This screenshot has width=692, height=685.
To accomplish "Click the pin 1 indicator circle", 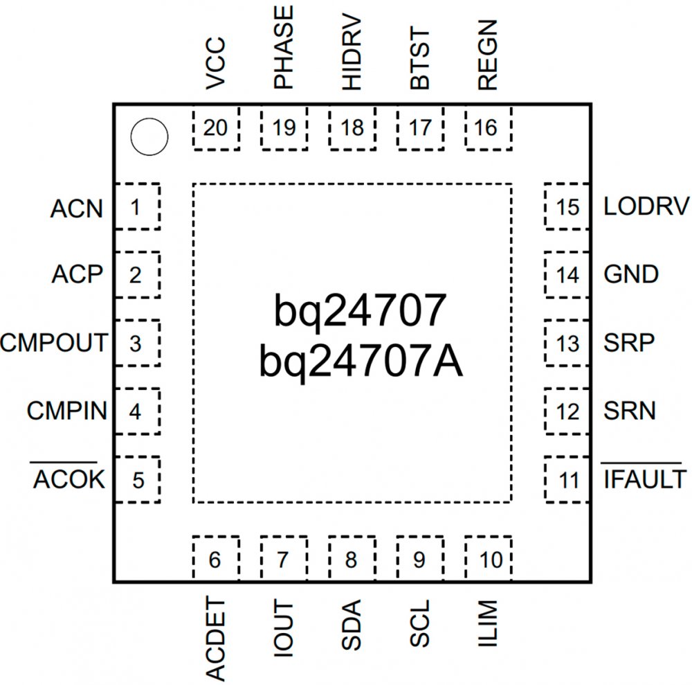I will tap(149, 137).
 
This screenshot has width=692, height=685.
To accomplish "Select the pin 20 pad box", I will tap(215, 128).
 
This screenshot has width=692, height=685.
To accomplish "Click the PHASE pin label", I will tap(284, 47).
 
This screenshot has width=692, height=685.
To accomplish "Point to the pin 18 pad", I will tap(352, 128).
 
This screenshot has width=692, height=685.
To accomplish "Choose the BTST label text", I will tap(419, 60).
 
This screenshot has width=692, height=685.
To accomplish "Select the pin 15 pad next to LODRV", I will tap(567, 206).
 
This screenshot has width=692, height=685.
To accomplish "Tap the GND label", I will tap(631, 275).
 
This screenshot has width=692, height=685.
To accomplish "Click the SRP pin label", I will tap(629, 344).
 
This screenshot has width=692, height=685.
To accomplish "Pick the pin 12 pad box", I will tap(567, 411).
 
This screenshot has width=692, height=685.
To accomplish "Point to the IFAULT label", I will tap(644, 479).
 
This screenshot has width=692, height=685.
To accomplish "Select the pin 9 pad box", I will tap(419, 558).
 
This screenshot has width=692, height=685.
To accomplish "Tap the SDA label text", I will tap(352, 626).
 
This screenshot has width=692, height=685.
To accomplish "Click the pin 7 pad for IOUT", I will tap(283, 558).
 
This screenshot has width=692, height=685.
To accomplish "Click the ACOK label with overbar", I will tap(69, 479).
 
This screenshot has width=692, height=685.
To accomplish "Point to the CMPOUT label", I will tap(54, 343).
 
